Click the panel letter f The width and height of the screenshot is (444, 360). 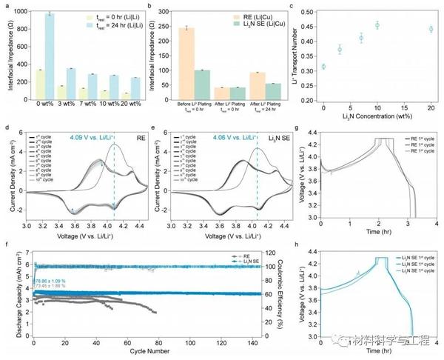click(x=6, y=242)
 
